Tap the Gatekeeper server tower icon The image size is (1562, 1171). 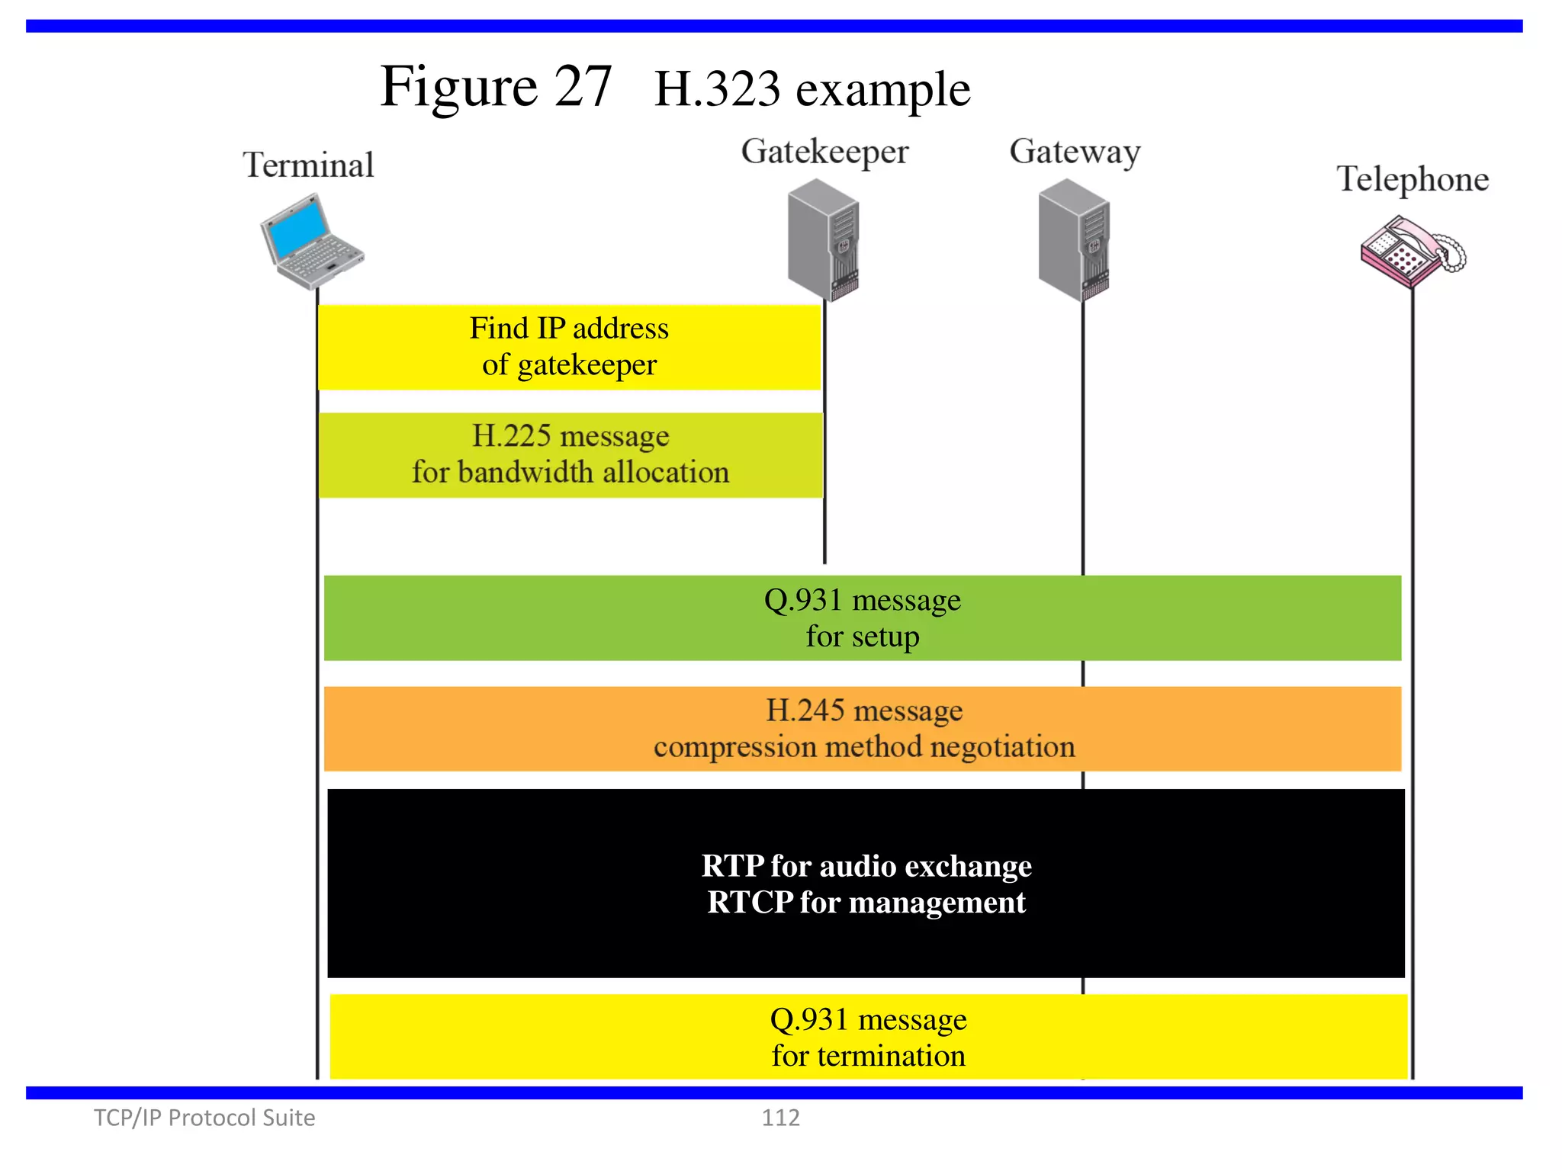(x=823, y=239)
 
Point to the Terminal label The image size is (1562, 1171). (x=308, y=165)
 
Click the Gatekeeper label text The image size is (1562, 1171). (x=824, y=152)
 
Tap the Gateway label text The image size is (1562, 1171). (x=1075, y=152)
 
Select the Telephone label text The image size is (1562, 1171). (x=1412, y=179)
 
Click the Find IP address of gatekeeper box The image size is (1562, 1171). (x=569, y=347)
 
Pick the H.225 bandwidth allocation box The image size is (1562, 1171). (x=570, y=455)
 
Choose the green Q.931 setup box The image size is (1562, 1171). (x=862, y=618)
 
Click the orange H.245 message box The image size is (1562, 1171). (x=863, y=729)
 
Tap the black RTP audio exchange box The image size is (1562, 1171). (x=866, y=884)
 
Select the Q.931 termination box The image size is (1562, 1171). (x=868, y=1037)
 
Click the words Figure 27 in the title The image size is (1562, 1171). (x=496, y=87)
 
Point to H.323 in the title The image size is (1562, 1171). (x=717, y=90)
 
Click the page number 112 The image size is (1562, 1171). (x=780, y=1118)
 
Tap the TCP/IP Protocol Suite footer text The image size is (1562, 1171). (x=204, y=1118)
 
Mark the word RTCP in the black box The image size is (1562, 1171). (x=750, y=903)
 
